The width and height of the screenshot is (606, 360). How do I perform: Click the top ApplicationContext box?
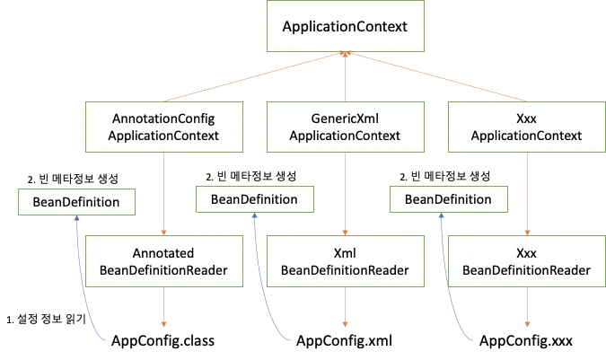(x=345, y=27)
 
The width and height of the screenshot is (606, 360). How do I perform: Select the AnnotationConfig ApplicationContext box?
(x=164, y=127)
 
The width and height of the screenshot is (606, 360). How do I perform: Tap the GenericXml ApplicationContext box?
(x=346, y=127)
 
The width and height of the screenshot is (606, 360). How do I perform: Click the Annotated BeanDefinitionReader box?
(x=164, y=261)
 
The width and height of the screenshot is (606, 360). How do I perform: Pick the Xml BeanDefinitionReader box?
(x=346, y=261)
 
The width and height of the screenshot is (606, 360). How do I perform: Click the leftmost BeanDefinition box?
(x=76, y=202)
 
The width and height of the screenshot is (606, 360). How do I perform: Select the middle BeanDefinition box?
(x=254, y=198)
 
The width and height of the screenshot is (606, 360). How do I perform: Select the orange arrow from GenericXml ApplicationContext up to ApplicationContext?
(x=346, y=77)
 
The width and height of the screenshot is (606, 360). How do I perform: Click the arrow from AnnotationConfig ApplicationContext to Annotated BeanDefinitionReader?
(x=164, y=193)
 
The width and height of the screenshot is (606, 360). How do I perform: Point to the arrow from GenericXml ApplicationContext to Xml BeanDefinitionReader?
(x=346, y=193)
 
